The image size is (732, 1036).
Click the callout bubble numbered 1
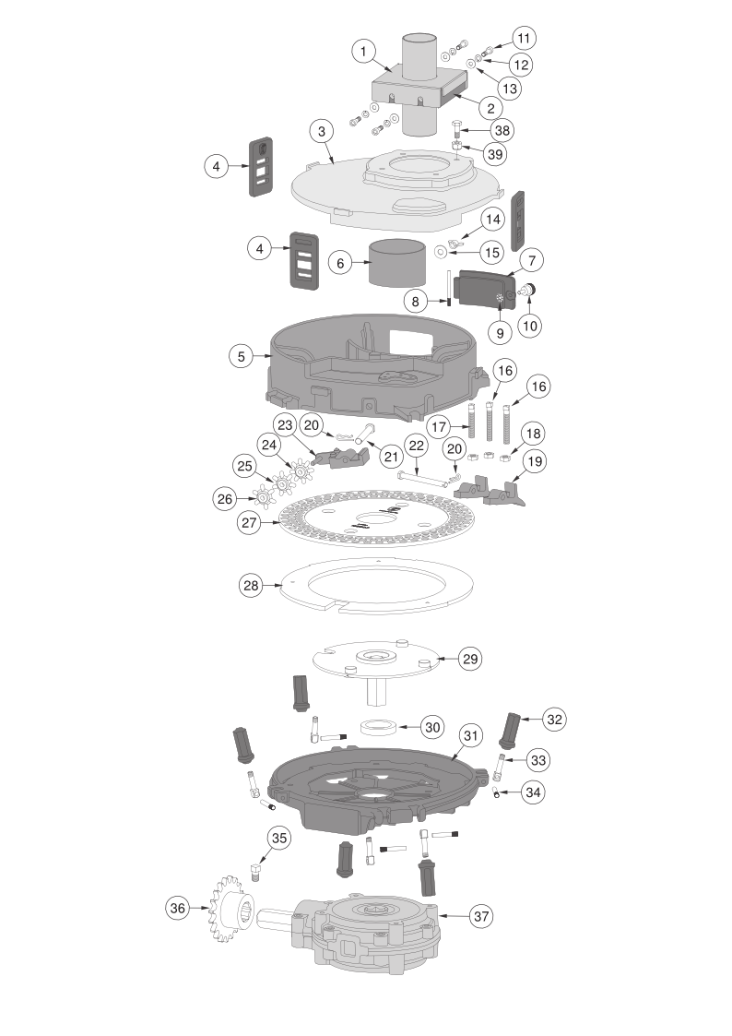[363, 51]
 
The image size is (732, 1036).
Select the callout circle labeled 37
[481, 916]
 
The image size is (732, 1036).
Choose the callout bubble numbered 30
[432, 728]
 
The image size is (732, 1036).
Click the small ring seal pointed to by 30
[379, 727]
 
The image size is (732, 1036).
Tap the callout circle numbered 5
[241, 357]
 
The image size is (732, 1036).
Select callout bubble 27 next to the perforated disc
[249, 523]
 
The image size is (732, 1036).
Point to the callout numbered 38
[502, 130]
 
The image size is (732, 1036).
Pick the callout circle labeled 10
[530, 325]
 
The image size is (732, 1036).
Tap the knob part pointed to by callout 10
[528, 290]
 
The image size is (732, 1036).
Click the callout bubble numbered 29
[469, 659]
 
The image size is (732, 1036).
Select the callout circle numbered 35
[279, 839]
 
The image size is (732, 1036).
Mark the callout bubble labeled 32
[554, 719]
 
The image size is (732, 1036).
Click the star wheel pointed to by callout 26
[263, 497]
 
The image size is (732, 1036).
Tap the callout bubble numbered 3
[322, 131]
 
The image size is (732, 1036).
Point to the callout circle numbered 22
[416, 446]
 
